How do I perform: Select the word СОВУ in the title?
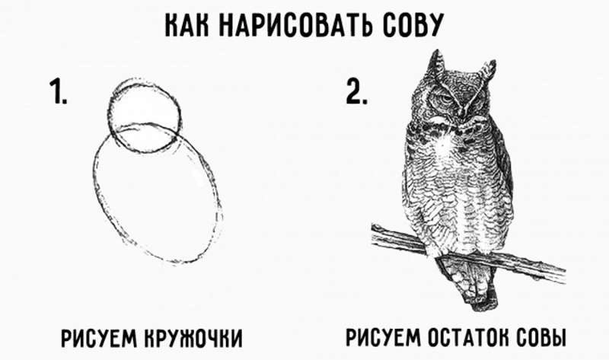click(413, 25)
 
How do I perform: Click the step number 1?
click(59, 91)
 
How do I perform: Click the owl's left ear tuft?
click(435, 65)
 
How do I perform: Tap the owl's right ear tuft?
click(487, 72)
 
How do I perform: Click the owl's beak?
click(462, 110)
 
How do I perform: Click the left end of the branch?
click(373, 233)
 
